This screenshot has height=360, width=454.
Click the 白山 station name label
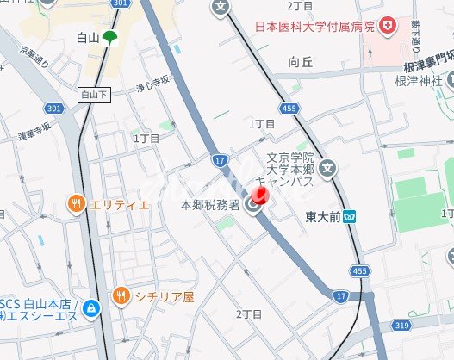86,37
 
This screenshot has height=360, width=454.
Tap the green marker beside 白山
109,38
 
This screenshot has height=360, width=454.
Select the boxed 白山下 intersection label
95,94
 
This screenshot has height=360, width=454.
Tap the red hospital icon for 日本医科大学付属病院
389,26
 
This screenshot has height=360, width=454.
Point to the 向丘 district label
301,61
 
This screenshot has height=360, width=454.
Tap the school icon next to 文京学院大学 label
328,169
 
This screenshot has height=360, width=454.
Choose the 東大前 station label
323,217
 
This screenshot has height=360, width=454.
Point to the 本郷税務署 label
212,205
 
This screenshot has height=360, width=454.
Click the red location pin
261,196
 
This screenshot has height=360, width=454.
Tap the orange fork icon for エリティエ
75,204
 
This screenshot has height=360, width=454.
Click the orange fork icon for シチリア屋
121,296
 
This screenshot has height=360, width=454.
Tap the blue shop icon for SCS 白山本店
90,307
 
